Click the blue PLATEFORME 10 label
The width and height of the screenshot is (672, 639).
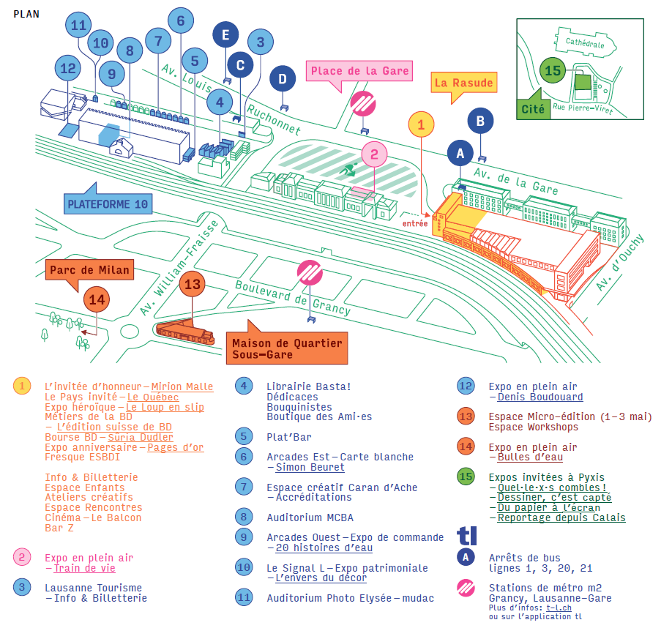coord(107,203)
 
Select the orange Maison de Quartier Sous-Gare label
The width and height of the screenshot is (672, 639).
coord(286,348)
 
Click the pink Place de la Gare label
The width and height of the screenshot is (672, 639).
coord(359,71)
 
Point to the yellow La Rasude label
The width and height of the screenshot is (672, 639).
coord(463,83)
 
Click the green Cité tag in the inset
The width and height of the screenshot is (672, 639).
coord(534,110)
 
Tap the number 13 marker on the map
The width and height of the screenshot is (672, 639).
coord(192,284)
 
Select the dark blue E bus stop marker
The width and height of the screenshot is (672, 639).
coord(226,34)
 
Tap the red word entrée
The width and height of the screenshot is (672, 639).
coord(414,223)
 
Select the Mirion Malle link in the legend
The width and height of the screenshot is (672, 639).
coord(182,386)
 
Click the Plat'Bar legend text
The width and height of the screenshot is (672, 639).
coord(289,437)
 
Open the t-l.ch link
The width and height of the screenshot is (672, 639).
coord(558,608)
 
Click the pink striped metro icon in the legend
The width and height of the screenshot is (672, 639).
coord(466,588)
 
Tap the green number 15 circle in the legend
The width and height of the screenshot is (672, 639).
coord(466,477)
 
